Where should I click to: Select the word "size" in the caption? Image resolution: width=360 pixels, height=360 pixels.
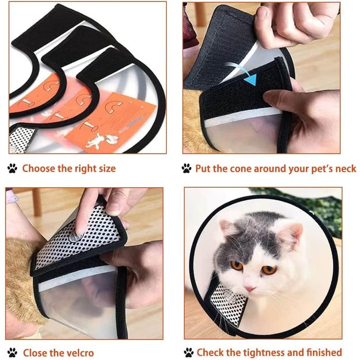point(106,169)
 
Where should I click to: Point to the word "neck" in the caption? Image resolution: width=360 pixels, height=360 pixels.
point(344,169)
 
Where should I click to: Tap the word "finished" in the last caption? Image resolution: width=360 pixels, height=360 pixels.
point(321,352)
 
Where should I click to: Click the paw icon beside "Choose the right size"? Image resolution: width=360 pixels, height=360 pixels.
point(13,169)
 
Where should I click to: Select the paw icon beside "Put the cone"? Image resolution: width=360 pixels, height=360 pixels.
point(187,169)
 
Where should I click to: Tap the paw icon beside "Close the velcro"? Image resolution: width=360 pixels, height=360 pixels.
point(13,352)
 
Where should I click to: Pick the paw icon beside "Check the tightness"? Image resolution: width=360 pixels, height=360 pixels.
point(188,352)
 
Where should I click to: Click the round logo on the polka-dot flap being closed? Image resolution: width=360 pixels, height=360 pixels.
point(76,234)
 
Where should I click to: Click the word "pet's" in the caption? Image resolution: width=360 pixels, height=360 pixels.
point(311,169)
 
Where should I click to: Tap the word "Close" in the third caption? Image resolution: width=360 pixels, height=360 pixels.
point(35,352)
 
